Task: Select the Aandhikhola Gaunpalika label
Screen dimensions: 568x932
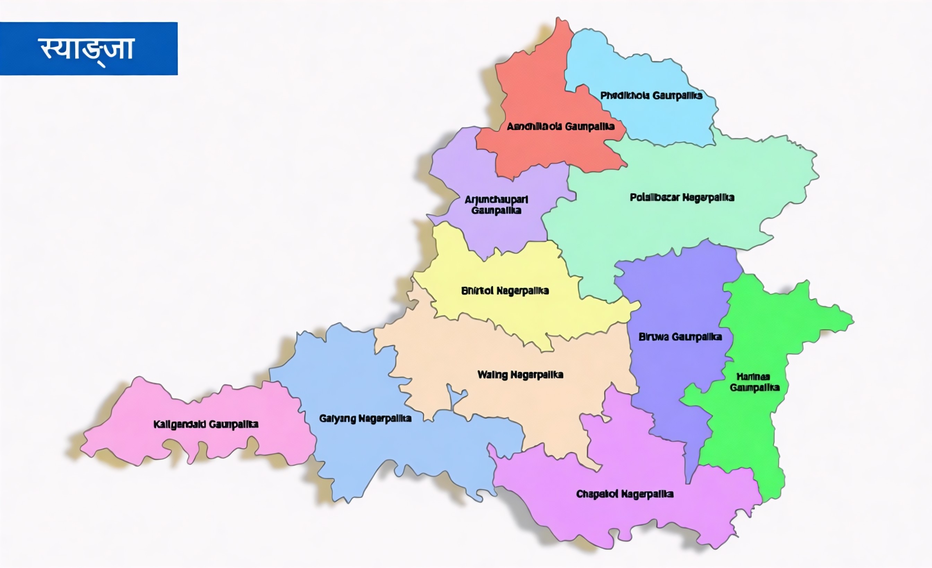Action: point(560,126)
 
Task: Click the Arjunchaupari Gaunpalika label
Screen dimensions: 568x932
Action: point(496,205)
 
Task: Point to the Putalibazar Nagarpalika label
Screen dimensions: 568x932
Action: point(682,197)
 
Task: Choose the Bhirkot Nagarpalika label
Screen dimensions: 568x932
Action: point(504,291)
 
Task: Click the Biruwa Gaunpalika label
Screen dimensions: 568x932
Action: point(680,337)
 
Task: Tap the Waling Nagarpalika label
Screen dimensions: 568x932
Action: point(520,375)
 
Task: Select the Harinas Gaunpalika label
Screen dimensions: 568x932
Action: point(754,382)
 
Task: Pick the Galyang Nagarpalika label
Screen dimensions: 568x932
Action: point(365,418)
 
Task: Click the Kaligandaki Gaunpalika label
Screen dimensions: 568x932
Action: point(206,424)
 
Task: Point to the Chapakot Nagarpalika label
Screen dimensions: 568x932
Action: point(624,494)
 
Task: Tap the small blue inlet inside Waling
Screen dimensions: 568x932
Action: point(454,397)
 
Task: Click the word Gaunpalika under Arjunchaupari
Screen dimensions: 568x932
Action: point(496,210)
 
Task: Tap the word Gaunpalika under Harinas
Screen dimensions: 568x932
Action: point(754,388)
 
